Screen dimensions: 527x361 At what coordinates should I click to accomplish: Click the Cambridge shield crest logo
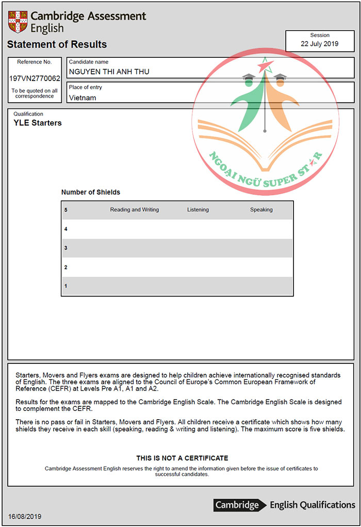click(x=18, y=22)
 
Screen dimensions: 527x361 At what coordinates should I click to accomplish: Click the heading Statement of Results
click(x=57, y=44)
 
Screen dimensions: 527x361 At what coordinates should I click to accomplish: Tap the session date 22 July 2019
click(x=320, y=44)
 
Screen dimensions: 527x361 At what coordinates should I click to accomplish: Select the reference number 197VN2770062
click(x=35, y=78)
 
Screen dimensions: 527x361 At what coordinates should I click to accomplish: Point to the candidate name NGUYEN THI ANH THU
click(x=109, y=72)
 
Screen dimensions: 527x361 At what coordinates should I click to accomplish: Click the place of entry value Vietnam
click(x=83, y=98)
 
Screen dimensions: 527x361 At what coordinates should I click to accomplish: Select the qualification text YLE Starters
click(x=38, y=123)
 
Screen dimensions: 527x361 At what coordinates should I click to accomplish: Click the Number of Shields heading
click(x=91, y=192)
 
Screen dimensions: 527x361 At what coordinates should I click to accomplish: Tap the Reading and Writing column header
click(x=135, y=210)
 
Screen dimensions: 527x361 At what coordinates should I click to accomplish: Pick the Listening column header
click(x=198, y=210)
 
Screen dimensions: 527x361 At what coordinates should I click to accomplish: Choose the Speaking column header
click(x=261, y=210)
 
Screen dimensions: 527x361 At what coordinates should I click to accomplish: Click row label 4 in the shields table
click(x=66, y=229)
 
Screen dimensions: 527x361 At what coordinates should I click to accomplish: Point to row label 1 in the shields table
click(x=66, y=286)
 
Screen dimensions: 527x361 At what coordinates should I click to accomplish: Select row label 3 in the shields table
click(x=66, y=248)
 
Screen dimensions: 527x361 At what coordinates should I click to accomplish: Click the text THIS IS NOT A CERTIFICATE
click(x=182, y=458)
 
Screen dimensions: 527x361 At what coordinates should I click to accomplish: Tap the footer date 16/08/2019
click(x=25, y=516)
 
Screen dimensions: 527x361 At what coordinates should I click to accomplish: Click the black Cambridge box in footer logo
click(x=237, y=505)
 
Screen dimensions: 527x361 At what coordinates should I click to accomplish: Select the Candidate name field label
click(x=89, y=62)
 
